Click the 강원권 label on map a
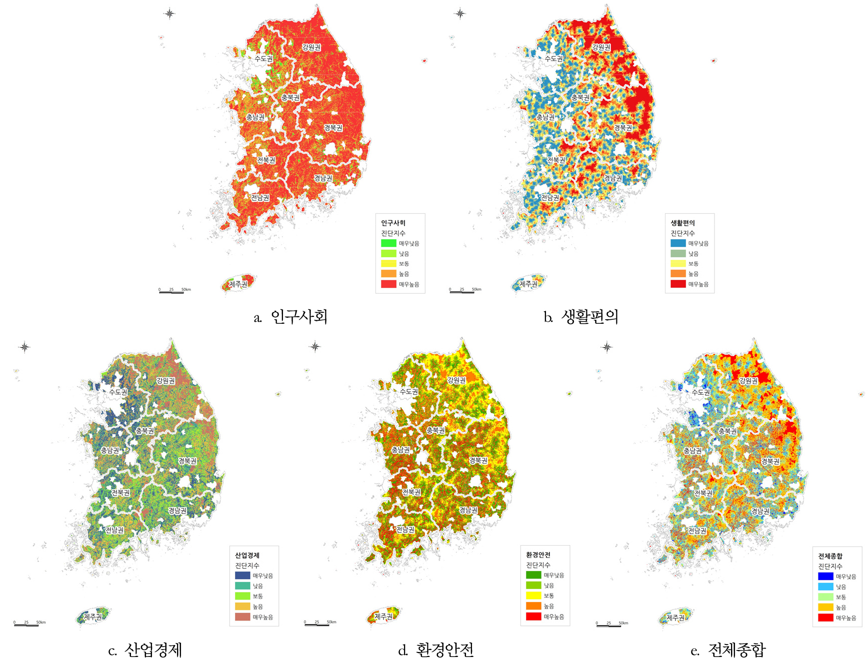click(x=311, y=47)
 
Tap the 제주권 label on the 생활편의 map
click(x=528, y=284)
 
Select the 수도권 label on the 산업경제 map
click(x=118, y=392)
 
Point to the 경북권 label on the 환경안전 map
click(x=478, y=461)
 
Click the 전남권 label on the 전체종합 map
click(x=697, y=531)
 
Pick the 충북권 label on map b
click(x=580, y=98)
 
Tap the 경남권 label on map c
click(x=177, y=511)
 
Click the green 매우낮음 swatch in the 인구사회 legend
click(x=388, y=243)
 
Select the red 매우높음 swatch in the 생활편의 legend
click(x=678, y=284)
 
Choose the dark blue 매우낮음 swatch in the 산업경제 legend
click(x=242, y=576)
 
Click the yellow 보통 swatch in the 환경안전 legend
click(x=533, y=596)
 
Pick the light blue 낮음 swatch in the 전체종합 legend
click(x=825, y=587)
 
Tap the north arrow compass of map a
click(x=169, y=13)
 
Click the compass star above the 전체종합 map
click(x=606, y=347)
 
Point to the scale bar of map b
click(x=462, y=292)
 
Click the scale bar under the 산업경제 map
click(x=26, y=625)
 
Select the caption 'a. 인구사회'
click(x=290, y=317)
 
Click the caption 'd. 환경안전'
click(x=436, y=650)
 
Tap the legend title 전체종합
click(x=830, y=556)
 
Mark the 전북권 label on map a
click(x=266, y=160)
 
